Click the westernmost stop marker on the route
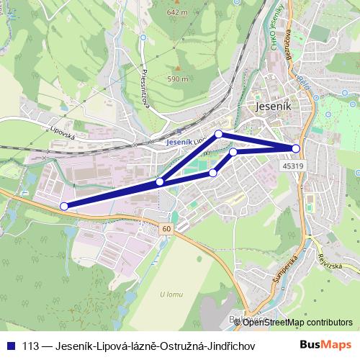(64, 206)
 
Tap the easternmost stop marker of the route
(296, 148)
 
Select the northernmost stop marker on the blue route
(219, 134)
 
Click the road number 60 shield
(167, 228)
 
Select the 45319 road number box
(292, 166)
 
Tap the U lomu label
(172, 293)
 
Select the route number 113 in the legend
(31, 346)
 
